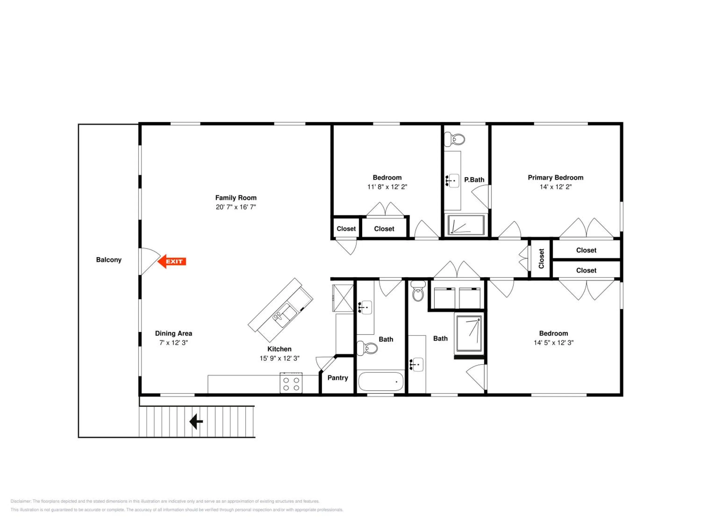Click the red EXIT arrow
(172, 261)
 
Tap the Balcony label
(109, 260)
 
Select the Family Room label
(236, 198)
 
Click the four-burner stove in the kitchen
(291, 383)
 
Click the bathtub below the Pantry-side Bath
(381, 382)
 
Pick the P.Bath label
(474, 180)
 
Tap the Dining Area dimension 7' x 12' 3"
(174, 342)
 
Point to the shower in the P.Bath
(466, 225)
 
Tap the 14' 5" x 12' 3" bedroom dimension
(553, 342)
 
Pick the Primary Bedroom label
(555, 177)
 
